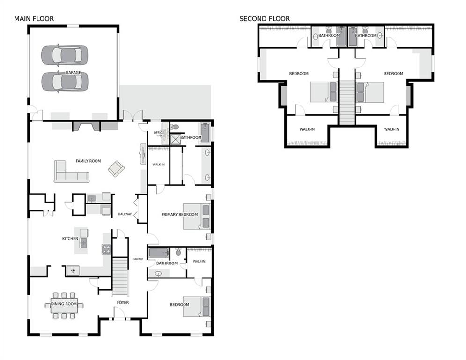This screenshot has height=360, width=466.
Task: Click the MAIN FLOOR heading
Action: tap(34, 19)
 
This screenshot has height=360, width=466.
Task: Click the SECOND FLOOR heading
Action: tap(265, 19)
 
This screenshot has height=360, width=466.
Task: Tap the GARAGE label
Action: tap(73, 72)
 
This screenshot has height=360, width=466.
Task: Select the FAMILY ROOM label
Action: tap(88, 161)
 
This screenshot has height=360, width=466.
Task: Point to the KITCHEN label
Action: tap(70, 238)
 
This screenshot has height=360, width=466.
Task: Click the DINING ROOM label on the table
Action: tap(64, 304)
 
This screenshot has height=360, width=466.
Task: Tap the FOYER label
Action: tap(123, 303)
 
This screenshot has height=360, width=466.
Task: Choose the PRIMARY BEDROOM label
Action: tap(179, 214)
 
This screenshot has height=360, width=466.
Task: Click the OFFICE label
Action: tap(159, 133)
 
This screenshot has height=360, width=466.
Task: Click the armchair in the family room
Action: tap(116, 169)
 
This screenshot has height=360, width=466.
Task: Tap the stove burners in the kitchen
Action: tap(106, 249)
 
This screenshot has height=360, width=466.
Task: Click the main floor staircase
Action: tap(120, 277)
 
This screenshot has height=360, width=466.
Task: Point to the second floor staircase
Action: tap(347, 103)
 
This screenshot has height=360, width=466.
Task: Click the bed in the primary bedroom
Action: tap(197, 216)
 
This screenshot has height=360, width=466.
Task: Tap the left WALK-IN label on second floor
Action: tap(307, 129)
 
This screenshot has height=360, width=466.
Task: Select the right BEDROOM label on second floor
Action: tap(393, 73)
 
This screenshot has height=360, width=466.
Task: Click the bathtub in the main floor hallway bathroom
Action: tap(159, 253)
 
